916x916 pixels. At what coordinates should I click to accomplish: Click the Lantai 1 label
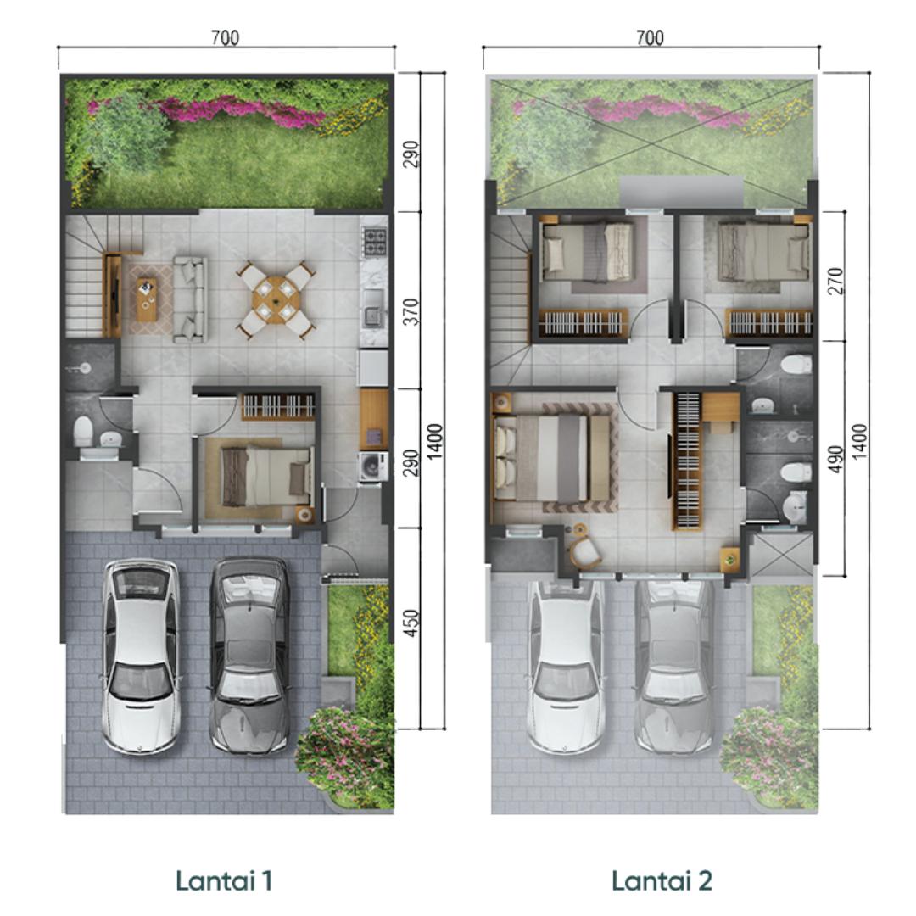coord(224,880)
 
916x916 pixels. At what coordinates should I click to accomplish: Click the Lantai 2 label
coord(662,880)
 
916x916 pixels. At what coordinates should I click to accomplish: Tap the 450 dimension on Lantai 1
coord(411,623)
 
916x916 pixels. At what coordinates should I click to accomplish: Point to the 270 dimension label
coord(836,281)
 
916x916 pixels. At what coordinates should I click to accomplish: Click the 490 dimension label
coord(836,459)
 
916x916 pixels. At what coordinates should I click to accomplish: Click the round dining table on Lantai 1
coord(276,299)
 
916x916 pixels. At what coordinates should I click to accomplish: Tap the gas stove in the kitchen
coord(375,241)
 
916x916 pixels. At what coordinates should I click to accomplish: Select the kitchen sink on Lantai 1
coord(372,315)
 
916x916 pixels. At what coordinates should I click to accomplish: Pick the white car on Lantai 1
coord(139,656)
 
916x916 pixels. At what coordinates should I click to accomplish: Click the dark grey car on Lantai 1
coord(250,654)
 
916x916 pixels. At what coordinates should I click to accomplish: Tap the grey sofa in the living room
coord(190,299)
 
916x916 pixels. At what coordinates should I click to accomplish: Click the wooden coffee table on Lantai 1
coord(148,299)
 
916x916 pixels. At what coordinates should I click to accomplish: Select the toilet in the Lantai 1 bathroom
coord(83,430)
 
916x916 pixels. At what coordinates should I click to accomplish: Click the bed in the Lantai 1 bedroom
coord(265,476)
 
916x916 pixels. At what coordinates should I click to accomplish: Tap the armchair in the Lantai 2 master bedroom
coord(585,550)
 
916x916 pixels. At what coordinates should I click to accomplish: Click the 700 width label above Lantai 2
coord(650,37)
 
